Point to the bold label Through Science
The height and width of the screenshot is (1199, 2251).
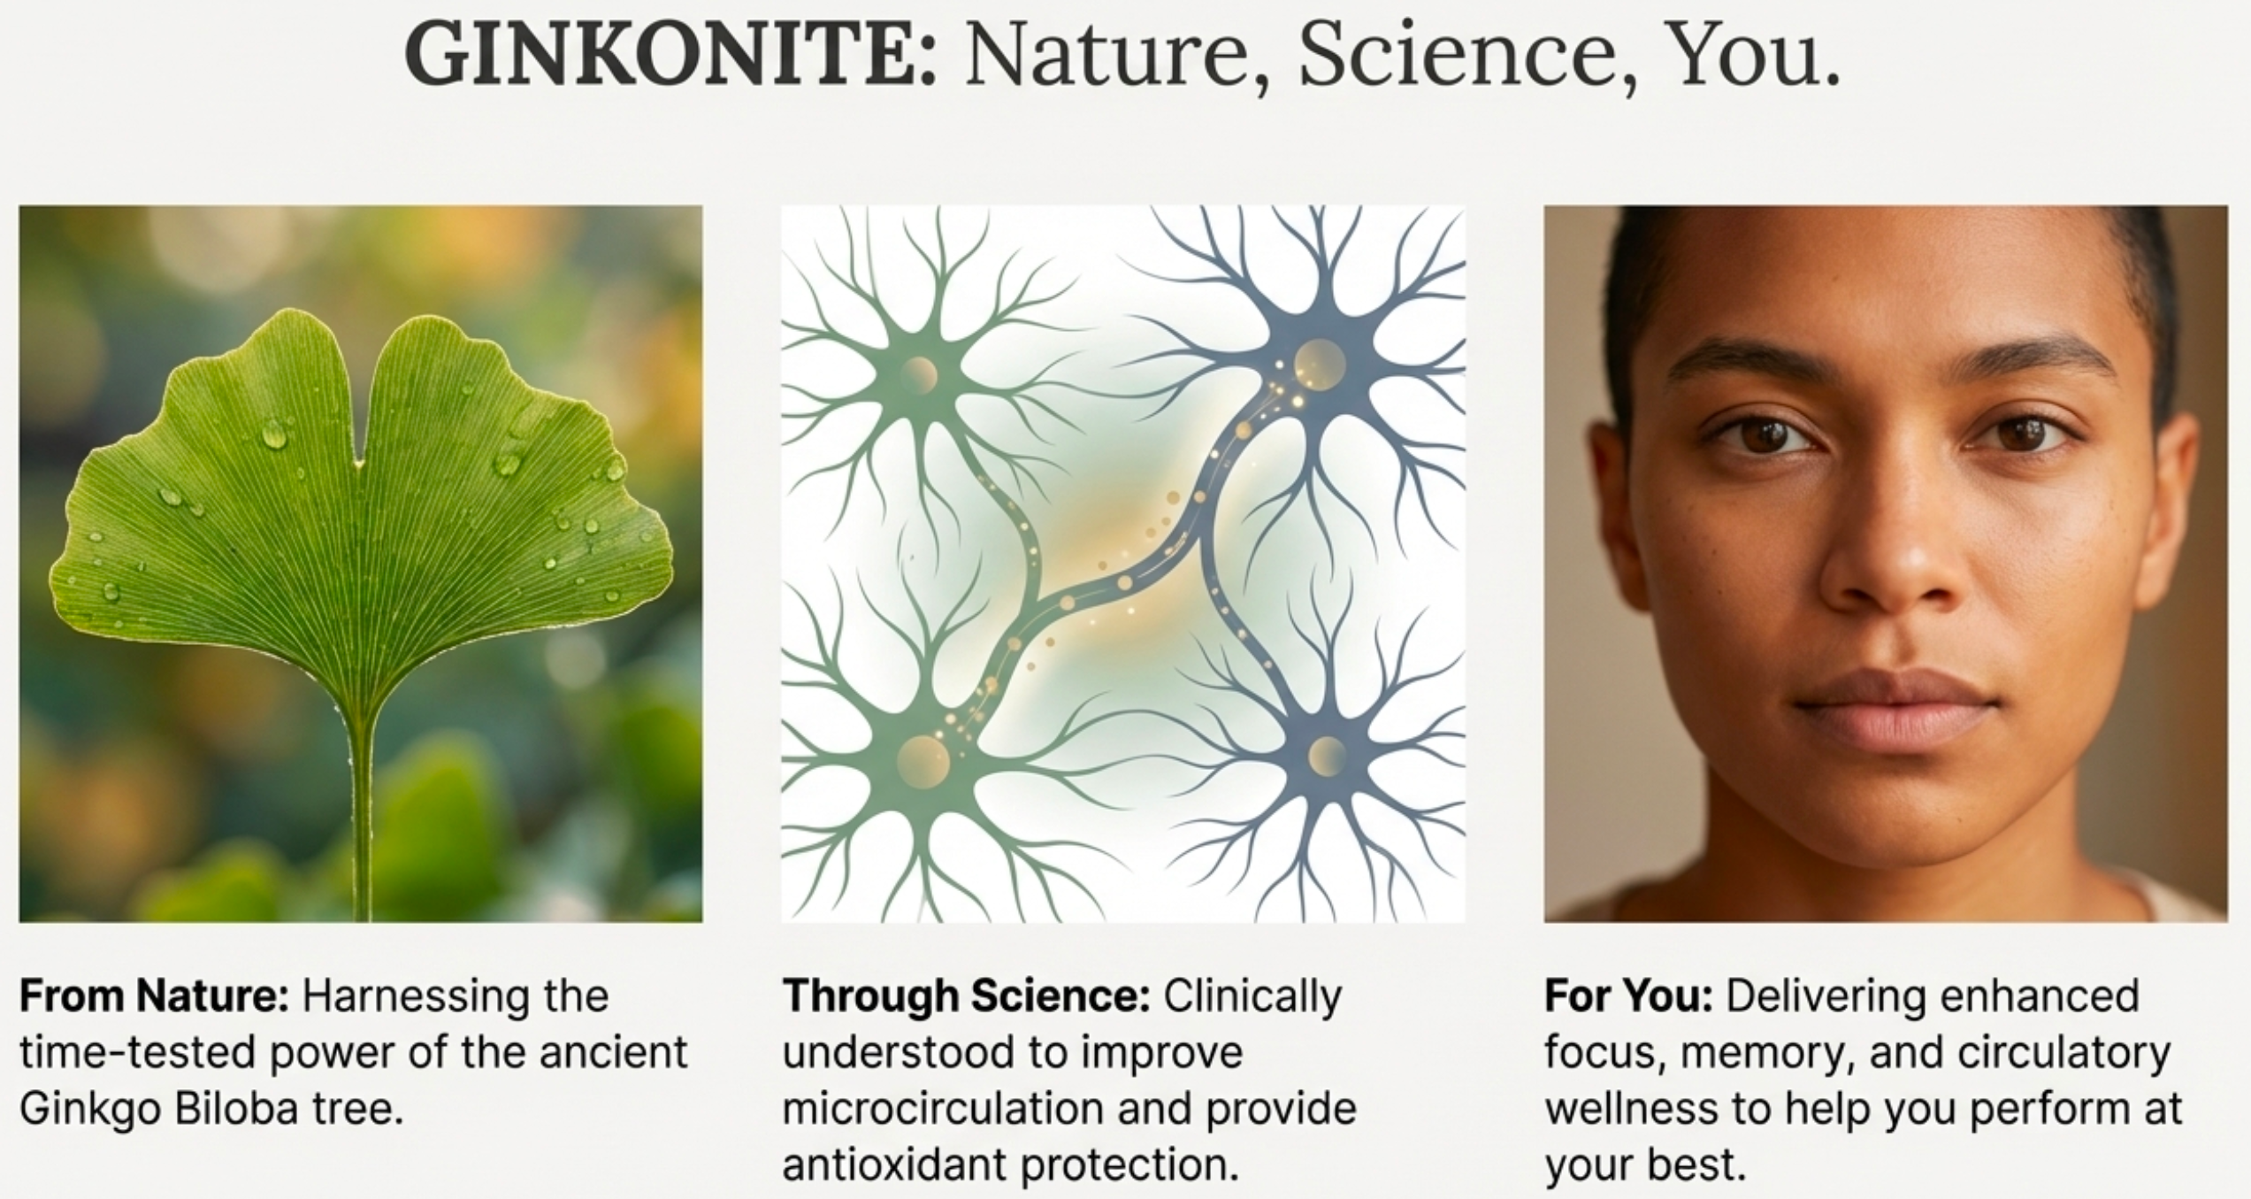966,996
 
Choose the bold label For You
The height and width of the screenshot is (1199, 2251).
1628,996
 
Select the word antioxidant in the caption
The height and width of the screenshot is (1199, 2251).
895,1165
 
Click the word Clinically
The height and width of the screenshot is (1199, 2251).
1252,996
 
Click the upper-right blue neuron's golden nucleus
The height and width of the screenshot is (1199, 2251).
1320,364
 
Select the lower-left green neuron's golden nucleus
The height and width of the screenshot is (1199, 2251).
923,759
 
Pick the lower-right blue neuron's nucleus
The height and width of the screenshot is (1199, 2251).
1326,755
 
